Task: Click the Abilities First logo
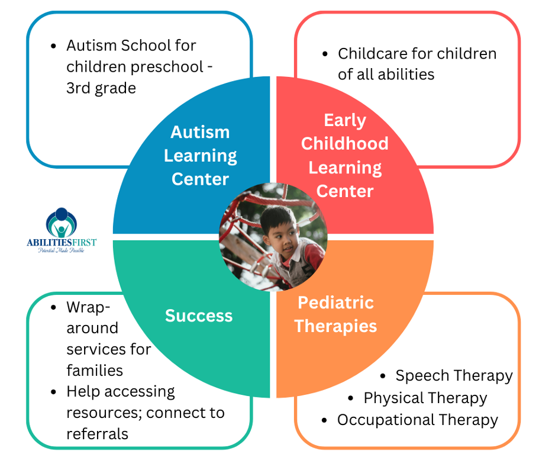(x=62, y=230)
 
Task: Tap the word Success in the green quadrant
(x=199, y=316)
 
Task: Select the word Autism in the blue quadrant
(x=200, y=132)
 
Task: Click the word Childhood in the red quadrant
(x=345, y=143)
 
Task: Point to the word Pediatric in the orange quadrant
(x=335, y=302)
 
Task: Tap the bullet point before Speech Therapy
(x=383, y=376)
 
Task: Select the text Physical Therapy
(x=425, y=398)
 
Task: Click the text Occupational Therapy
(x=417, y=420)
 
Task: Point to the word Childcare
(x=372, y=53)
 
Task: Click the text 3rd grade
(x=101, y=88)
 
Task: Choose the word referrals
(x=97, y=434)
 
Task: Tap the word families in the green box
(x=95, y=371)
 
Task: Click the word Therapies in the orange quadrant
(x=336, y=326)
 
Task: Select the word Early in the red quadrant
(x=345, y=121)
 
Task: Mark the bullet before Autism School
(x=53, y=46)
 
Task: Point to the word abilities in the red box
(x=406, y=74)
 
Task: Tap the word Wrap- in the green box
(x=88, y=307)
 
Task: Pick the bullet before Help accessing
(x=53, y=392)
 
